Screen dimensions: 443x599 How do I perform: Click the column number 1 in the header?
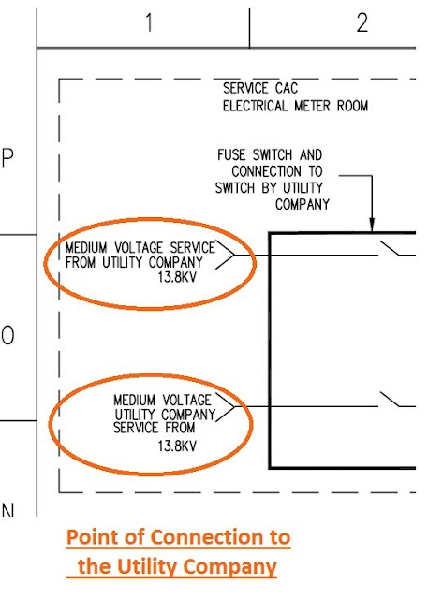tap(150, 22)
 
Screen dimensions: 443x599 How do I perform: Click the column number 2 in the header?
tap(362, 22)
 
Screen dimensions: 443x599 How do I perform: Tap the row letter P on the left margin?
tap(7, 157)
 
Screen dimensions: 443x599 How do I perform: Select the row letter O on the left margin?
tap(7, 336)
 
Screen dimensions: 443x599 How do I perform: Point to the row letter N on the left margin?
tap(7, 510)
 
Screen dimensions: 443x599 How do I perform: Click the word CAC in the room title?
tap(286, 88)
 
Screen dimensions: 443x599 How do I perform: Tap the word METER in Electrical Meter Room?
tap(312, 106)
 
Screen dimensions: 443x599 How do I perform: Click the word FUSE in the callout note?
tap(231, 154)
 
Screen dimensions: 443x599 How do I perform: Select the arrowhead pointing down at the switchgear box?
tap(372, 225)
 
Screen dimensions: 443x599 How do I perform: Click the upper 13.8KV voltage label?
tap(177, 277)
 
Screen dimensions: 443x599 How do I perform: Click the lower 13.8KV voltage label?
tap(177, 446)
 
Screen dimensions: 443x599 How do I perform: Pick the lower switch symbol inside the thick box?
tap(390, 400)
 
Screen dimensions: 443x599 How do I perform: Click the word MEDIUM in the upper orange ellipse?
tap(86, 247)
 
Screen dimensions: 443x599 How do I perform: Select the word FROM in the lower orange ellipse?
tap(179, 427)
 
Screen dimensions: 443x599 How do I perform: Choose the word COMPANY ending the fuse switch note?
tap(302, 204)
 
